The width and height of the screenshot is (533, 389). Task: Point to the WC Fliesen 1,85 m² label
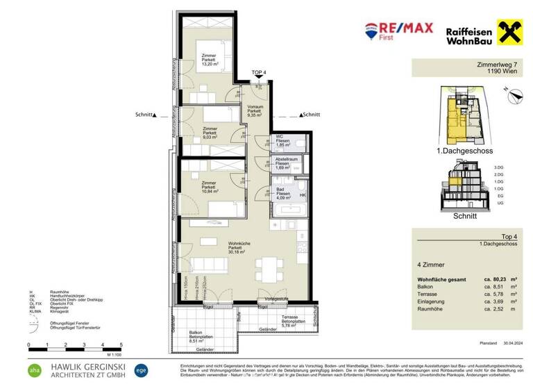point(282,141)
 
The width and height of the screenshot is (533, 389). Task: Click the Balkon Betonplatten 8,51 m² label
point(200,337)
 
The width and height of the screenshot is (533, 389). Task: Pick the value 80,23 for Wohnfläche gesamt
point(492,280)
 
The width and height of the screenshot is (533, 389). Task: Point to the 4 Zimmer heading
point(430,265)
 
